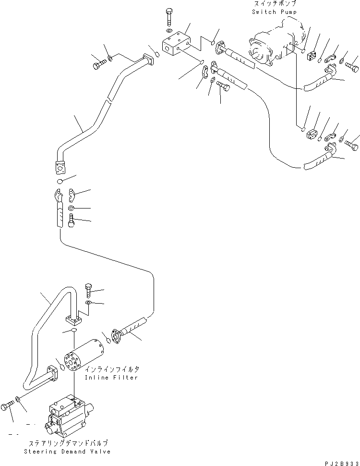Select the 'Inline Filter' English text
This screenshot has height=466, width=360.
pyautogui.click(x=111, y=378)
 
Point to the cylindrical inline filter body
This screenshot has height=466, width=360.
pyautogui.click(x=84, y=355)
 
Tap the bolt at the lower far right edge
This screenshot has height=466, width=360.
pyautogui.click(x=351, y=143)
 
